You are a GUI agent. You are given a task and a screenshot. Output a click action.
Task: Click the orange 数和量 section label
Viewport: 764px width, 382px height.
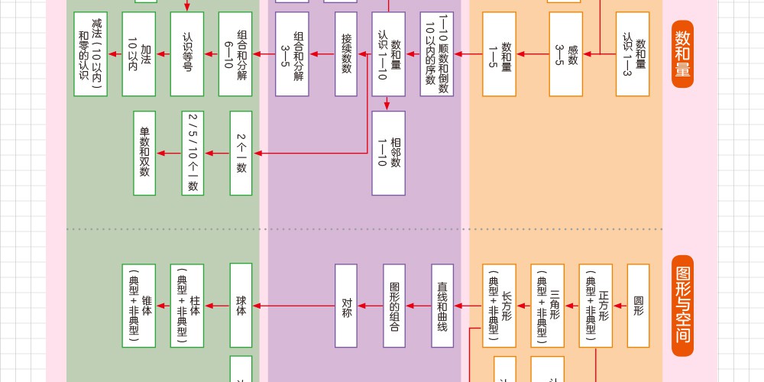(683, 54)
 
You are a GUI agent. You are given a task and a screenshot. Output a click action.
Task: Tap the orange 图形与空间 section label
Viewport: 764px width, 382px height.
(683, 306)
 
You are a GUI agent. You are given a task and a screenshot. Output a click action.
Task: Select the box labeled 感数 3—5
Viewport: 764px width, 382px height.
(567, 53)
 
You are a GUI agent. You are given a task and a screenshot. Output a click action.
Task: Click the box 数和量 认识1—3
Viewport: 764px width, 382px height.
(633, 53)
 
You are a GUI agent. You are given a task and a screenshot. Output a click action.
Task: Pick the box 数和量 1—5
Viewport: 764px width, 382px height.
(500, 53)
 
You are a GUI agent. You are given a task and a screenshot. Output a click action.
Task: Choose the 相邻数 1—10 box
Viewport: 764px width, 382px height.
(388, 153)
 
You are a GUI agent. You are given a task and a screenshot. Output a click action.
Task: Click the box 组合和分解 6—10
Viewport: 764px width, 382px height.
(235, 53)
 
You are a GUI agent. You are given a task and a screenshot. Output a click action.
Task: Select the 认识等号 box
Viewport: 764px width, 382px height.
(186, 53)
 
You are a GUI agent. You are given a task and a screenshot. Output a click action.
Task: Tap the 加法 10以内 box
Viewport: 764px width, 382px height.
(139, 53)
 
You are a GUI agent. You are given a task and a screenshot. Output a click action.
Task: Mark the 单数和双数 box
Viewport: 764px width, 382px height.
(144, 153)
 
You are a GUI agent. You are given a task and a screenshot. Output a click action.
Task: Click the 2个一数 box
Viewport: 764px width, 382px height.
(241, 153)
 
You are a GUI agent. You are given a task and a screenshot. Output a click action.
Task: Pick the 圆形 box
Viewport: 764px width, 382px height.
(638, 306)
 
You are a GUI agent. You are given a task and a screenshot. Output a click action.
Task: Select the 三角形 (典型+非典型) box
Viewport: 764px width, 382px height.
(548, 306)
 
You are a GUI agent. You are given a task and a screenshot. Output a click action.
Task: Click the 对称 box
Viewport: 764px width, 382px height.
(346, 306)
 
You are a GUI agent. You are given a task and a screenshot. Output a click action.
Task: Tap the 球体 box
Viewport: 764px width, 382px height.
(241, 306)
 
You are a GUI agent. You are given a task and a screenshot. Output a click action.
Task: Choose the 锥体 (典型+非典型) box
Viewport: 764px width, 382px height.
(138, 306)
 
